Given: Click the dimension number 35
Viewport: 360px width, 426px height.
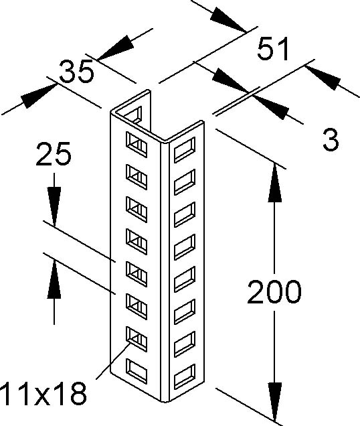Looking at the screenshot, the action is (x=77, y=71).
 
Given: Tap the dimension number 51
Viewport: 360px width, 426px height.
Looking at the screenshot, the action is (x=273, y=49).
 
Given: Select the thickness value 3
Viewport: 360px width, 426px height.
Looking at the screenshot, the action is (x=331, y=140).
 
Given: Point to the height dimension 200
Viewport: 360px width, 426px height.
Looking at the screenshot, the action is (x=274, y=292).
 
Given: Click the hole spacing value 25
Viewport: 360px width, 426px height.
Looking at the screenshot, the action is (x=54, y=154).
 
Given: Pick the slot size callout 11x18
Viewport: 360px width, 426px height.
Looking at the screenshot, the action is (x=43, y=393).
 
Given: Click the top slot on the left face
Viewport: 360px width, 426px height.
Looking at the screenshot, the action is (x=137, y=145).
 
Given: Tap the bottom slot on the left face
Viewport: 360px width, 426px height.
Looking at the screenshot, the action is (x=137, y=372).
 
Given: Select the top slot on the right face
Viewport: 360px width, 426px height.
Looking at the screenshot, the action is (x=185, y=150).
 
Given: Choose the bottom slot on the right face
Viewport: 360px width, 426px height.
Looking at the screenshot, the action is (x=185, y=377).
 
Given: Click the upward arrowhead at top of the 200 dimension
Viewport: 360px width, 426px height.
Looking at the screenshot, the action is (x=274, y=182).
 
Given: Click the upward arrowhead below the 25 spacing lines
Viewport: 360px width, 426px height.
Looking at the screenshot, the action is (x=54, y=279).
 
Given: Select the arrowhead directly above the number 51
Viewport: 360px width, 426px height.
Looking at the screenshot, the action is (x=228, y=19).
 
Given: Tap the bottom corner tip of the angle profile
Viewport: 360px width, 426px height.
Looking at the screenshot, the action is (x=165, y=401).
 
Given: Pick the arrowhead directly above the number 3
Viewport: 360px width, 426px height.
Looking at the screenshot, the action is (x=323, y=78).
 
